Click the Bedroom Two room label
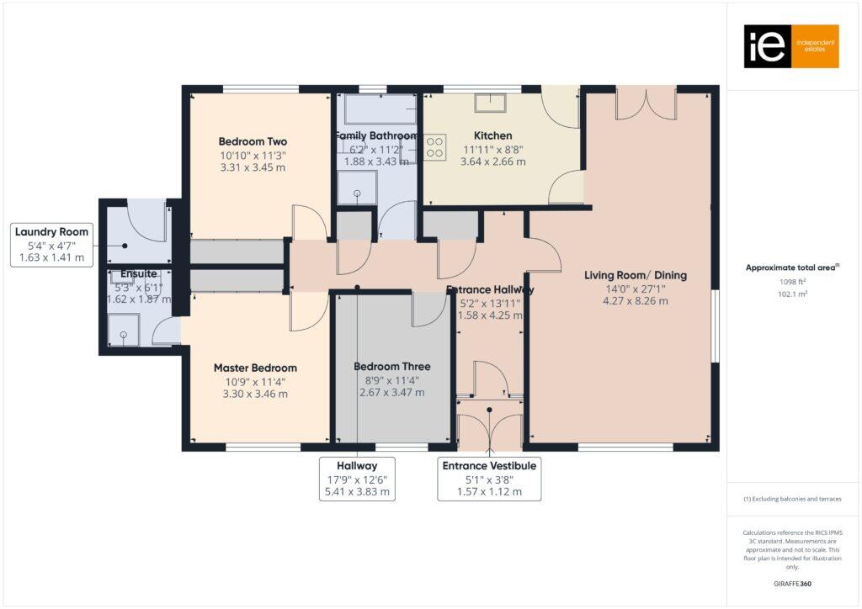(x=253, y=141)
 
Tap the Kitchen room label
(x=492, y=135)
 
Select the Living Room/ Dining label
(x=636, y=275)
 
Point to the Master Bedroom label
(x=255, y=368)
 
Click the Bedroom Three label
(x=391, y=367)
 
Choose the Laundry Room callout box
(x=51, y=245)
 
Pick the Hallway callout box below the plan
(x=356, y=479)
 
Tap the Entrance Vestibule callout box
(x=488, y=479)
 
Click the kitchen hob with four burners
(x=435, y=147)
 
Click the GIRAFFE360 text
(x=794, y=583)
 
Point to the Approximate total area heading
(x=792, y=267)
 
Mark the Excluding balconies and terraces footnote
(x=792, y=499)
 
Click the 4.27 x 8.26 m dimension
(x=636, y=301)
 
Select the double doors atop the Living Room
(x=646, y=103)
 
